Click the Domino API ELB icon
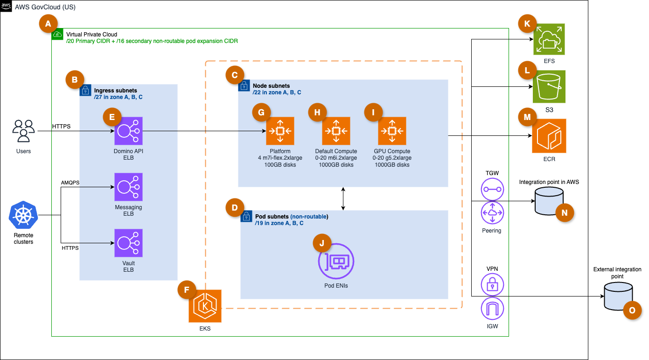128,131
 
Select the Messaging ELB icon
128,187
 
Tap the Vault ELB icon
128,243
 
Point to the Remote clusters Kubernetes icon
23,215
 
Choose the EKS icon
205,306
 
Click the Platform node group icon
280,131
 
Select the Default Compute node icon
336,131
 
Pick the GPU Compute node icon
392,131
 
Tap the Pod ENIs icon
336,261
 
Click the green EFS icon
549,40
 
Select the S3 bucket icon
549,86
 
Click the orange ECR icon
549,136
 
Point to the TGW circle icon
492,189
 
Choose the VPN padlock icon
492,283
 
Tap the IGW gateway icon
492,308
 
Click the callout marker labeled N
565,213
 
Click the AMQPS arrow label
70,183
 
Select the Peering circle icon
492,212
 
